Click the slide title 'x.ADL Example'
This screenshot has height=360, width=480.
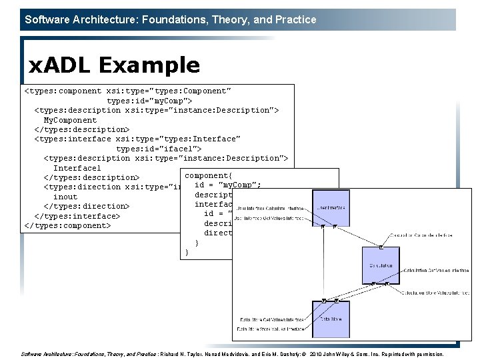pos(114,65)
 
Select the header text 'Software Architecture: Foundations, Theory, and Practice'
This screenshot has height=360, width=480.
pos(171,19)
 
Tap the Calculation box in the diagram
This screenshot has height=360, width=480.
pos(381,265)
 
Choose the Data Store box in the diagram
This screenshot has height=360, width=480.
pos(331,319)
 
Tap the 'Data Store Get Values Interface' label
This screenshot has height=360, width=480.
pos(271,319)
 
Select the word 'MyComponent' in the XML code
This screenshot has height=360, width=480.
pos(70,120)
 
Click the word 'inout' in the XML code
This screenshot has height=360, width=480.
pos(65,197)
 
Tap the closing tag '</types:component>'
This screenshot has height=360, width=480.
pos(67,225)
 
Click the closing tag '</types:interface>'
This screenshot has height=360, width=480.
pos(77,216)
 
